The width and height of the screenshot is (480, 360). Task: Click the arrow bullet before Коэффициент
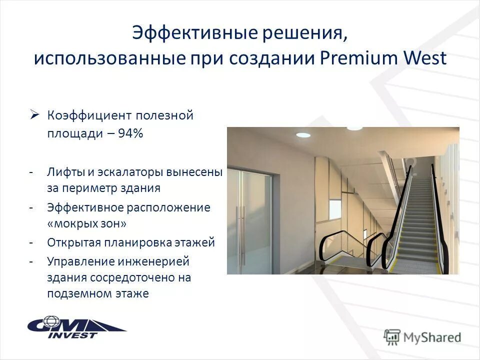34,115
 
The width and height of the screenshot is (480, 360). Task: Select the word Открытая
73,242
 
